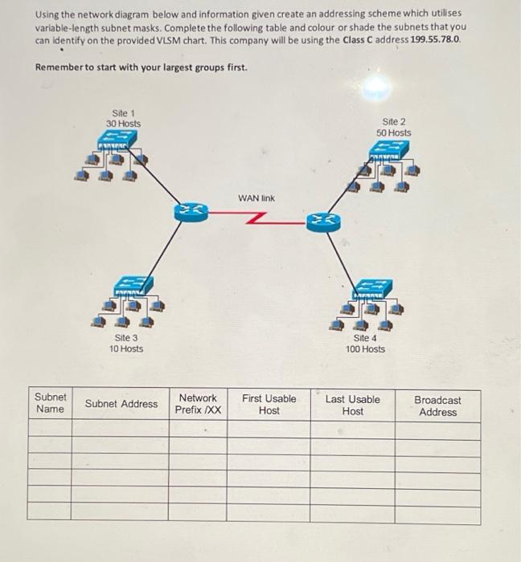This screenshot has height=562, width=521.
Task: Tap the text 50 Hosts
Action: point(393,132)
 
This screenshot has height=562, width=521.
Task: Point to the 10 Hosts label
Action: point(126,349)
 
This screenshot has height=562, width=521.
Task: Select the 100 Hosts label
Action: point(365,349)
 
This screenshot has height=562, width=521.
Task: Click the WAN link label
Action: point(256,198)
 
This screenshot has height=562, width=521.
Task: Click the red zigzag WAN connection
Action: point(256,216)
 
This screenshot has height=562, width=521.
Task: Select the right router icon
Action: point(319,218)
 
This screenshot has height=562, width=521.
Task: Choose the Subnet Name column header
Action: point(50,404)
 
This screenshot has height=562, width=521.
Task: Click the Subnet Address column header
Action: point(121,404)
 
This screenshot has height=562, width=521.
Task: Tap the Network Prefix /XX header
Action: point(198,404)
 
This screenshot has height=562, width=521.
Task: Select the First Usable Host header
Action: point(269,404)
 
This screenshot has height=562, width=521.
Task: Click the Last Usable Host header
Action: point(352,405)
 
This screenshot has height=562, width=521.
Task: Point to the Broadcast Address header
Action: point(437,405)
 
